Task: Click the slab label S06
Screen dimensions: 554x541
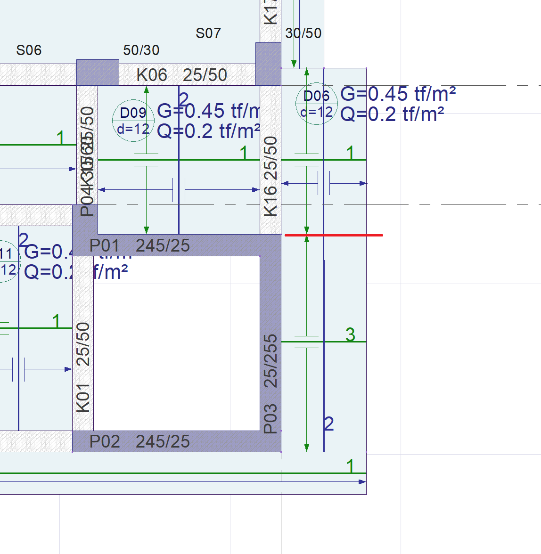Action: pos(29,50)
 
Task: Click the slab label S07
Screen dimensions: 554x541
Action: pos(208,33)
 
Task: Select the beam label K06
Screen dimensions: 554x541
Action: pos(152,75)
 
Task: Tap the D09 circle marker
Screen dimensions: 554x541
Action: pos(133,121)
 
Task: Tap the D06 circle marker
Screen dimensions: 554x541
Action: pos(316,104)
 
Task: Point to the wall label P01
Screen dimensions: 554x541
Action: pos(105,245)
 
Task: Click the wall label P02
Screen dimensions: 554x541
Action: pos(105,441)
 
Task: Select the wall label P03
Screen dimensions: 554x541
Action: pos(270,418)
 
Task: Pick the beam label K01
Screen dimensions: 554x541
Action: pos(83,398)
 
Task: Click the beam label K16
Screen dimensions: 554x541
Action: pos(270,201)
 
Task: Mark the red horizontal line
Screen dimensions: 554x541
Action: pos(334,235)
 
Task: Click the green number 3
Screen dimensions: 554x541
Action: pos(350,334)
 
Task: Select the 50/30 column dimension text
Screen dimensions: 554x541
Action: pos(141,50)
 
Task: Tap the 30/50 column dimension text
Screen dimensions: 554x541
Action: pos(303,33)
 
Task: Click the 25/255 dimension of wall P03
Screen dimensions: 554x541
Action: pos(270,361)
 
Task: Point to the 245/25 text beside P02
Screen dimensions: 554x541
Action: pos(163,441)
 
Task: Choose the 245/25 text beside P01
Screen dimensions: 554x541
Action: pos(163,245)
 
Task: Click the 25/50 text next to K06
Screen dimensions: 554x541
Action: pos(205,75)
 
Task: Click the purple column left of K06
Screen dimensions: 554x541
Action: pos(98,72)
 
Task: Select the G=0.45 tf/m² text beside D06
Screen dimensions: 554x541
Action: pos(398,94)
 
